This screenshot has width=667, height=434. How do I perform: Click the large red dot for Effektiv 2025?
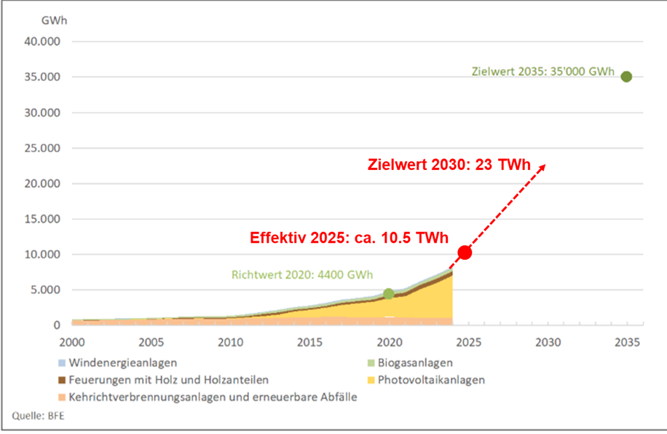tap(465, 252)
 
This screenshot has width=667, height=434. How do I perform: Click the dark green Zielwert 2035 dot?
tap(625, 77)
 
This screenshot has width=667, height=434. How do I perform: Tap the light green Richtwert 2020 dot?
tap(389, 293)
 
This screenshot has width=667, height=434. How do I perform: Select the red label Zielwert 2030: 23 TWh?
tap(454, 166)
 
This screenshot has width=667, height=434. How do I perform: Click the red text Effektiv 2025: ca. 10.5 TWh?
tap(348, 238)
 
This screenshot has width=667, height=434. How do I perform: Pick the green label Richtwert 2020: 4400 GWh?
tap(302, 276)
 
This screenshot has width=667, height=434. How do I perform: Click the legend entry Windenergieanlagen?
tap(122, 362)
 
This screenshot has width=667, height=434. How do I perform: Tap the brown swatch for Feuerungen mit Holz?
tap(63, 380)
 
